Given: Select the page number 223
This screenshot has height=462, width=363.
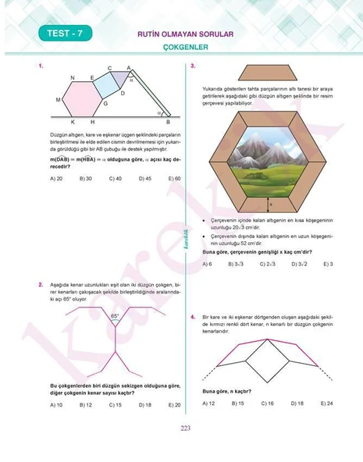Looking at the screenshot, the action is tap(185, 427).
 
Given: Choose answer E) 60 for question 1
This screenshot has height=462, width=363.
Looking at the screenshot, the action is tap(174, 178).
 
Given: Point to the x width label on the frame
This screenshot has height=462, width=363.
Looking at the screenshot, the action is tap(271, 205).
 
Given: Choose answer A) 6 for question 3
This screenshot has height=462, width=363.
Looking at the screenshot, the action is tap(207, 264).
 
